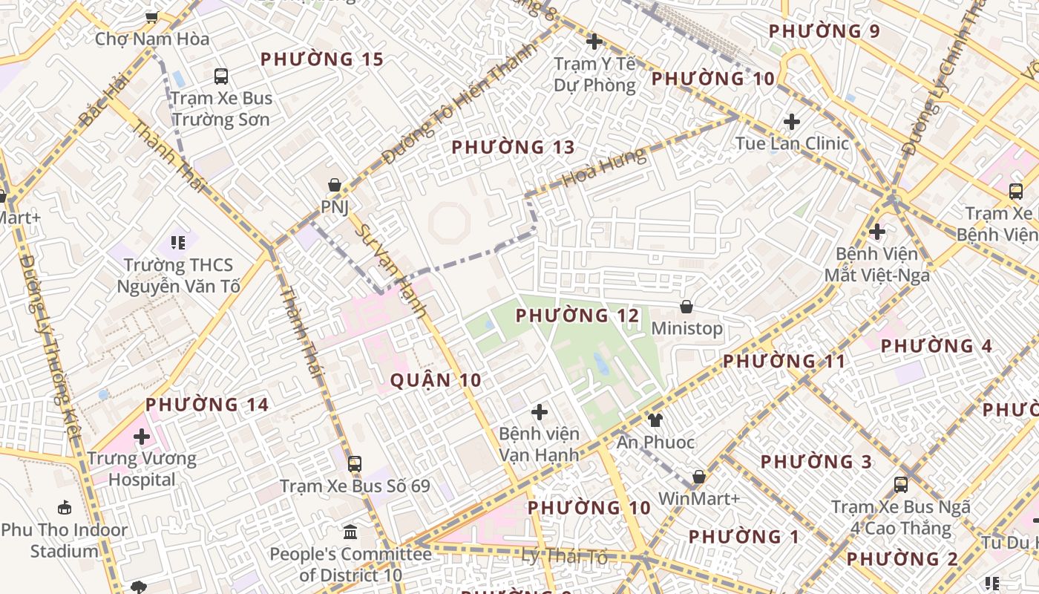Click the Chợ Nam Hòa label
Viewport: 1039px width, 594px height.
click(x=152, y=39)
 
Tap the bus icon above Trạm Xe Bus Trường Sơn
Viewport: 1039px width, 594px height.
click(x=221, y=76)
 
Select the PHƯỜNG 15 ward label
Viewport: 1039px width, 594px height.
click(x=322, y=59)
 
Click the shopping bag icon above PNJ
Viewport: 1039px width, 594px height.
click(x=335, y=185)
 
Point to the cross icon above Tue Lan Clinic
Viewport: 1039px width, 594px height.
click(x=792, y=121)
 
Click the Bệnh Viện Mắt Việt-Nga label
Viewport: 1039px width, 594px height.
click(x=876, y=264)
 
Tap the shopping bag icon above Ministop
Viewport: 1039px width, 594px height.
click(x=686, y=307)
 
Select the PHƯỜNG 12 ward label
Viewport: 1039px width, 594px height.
click(x=577, y=316)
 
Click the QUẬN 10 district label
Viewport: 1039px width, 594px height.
click(x=436, y=381)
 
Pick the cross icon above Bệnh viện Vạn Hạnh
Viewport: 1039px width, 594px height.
click(x=540, y=411)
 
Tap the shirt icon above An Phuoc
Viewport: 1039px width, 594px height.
click(x=655, y=420)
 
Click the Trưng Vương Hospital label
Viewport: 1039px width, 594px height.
click(x=142, y=469)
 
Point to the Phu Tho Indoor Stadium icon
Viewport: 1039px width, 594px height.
click(x=65, y=508)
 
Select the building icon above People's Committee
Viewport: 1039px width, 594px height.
click(x=350, y=532)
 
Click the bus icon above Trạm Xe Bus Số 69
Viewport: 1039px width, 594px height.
click(x=355, y=464)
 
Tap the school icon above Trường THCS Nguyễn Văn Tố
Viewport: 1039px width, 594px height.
click(x=177, y=242)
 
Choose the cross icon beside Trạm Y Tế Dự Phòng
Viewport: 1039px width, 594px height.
click(x=594, y=42)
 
